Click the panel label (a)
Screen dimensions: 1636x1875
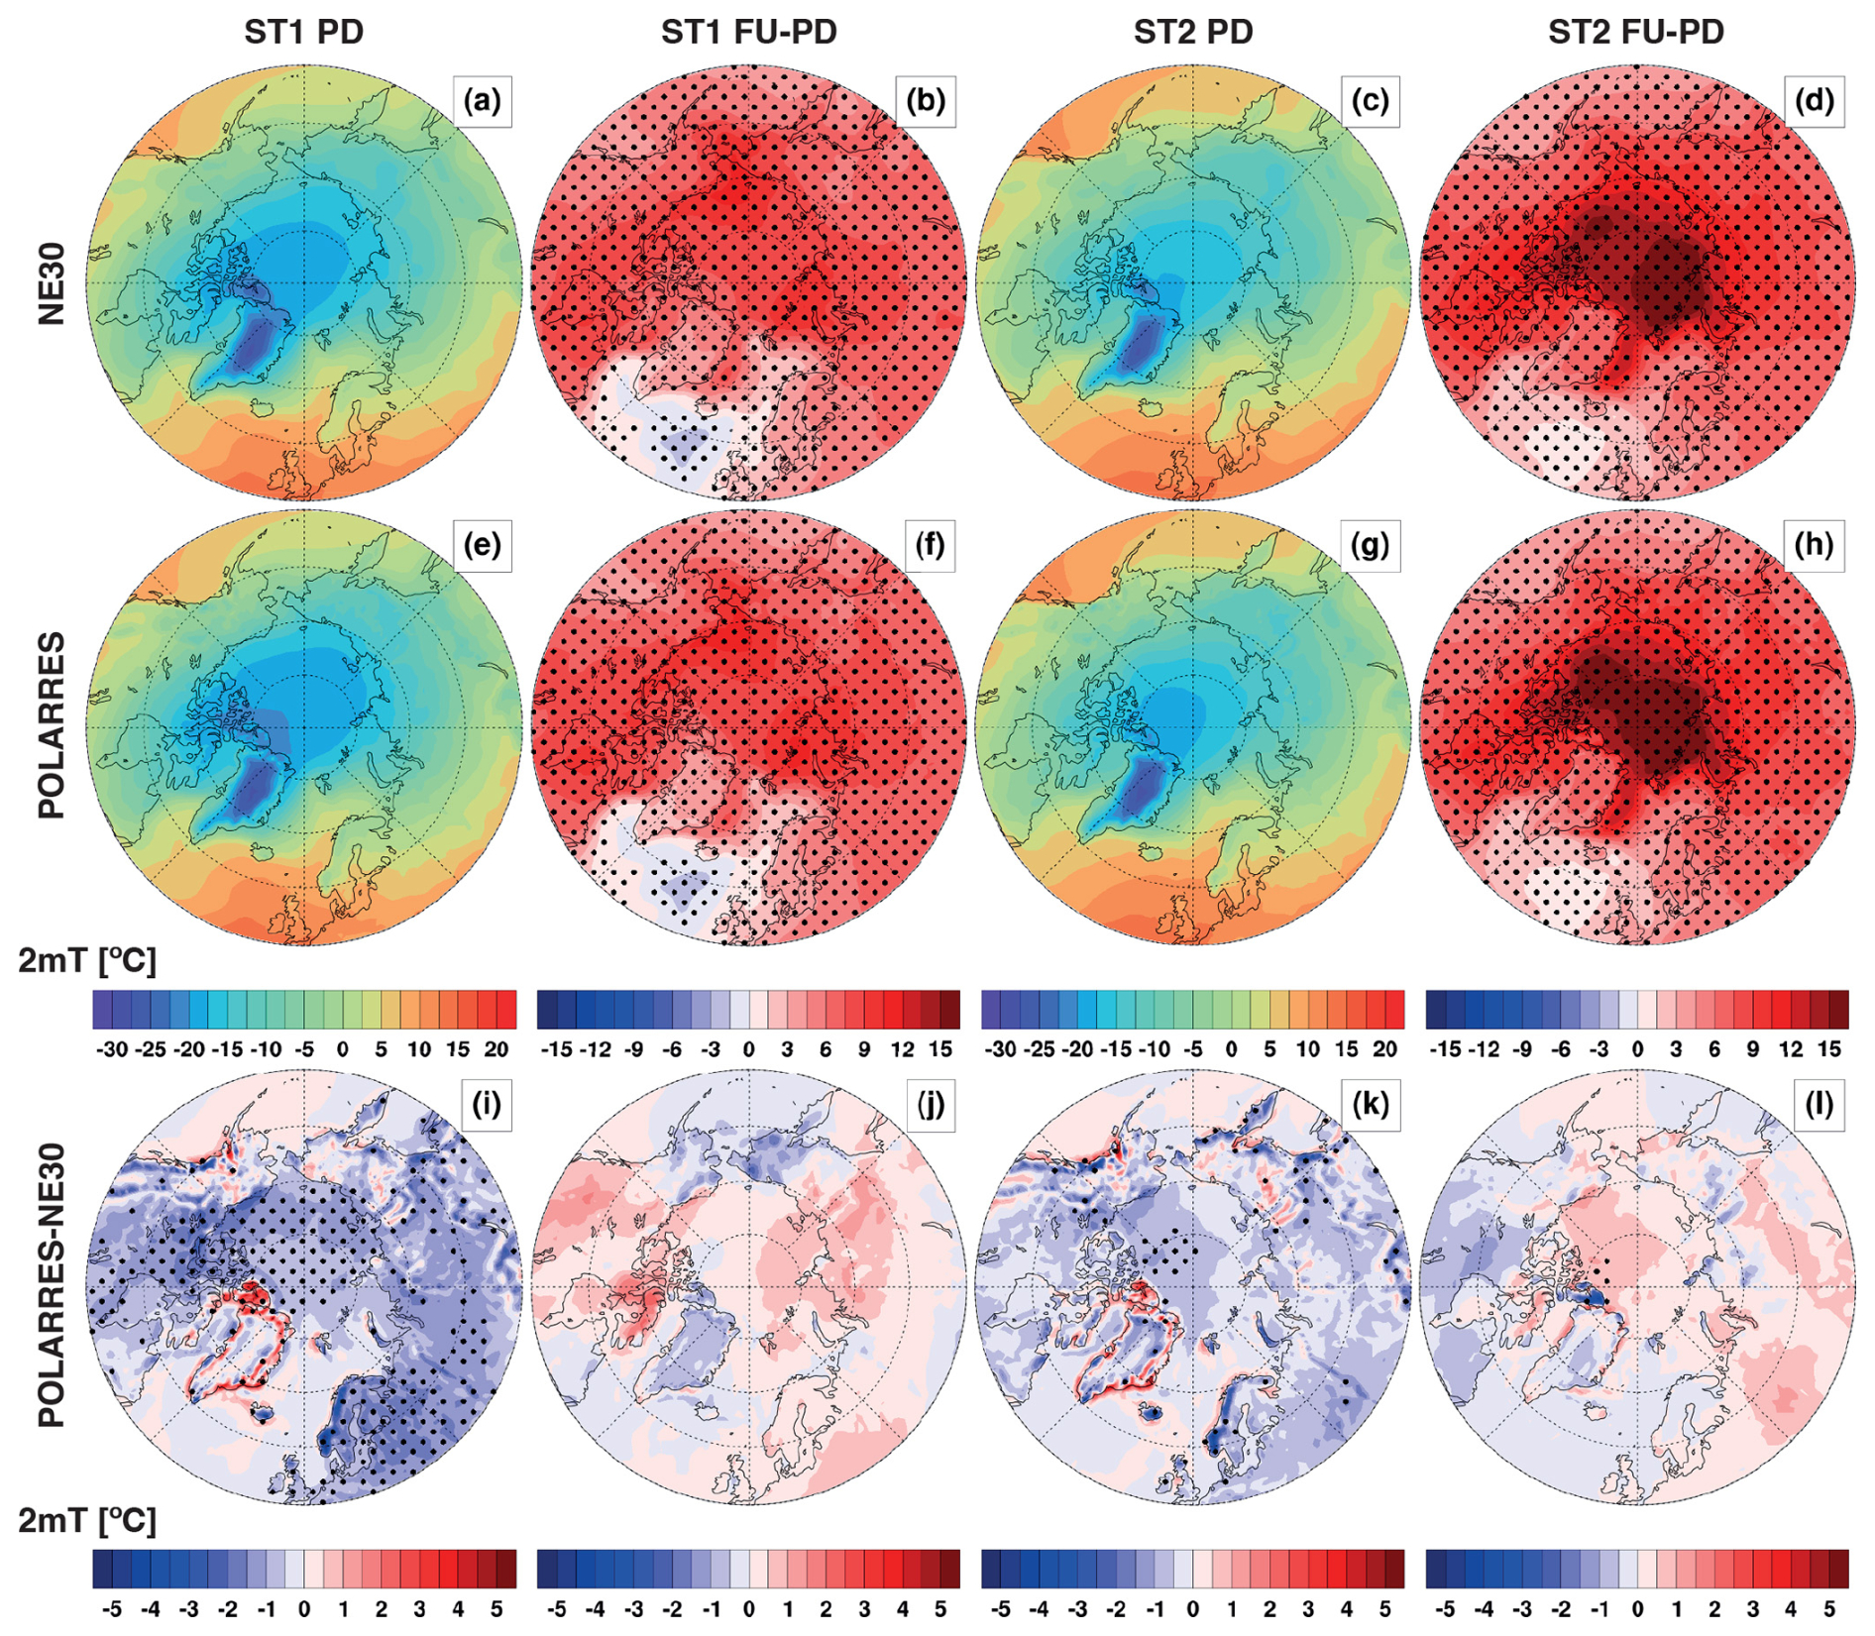pyautogui.click(x=482, y=101)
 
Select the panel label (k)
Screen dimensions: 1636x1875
pyautogui.click(x=1371, y=1104)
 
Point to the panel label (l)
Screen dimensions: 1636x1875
pyautogui.click(x=1819, y=1104)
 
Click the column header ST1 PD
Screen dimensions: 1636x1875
pyautogui.click(x=304, y=32)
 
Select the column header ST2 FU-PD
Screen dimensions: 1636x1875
pyautogui.click(x=1636, y=32)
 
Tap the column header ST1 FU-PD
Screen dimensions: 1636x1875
pyautogui.click(x=749, y=32)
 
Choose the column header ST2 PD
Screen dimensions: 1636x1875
pyautogui.click(x=1193, y=32)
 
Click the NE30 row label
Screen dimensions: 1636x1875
pyautogui.click(x=52, y=283)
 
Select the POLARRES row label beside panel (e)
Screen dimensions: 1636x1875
pyautogui.click(x=52, y=725)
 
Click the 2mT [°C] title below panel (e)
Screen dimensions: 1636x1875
pyautogui.click(x=87, y=960)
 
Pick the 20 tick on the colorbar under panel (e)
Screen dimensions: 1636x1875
pyautogui.click(x=496, y=1049)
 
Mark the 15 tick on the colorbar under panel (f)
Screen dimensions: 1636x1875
pyautogui.click(x=940, y=1049)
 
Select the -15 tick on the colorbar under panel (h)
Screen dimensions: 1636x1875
pyautogui.click(x=1445, y=1049)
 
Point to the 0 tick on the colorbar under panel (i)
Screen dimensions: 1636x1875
pyautogui.click(x=304, y=1608)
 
